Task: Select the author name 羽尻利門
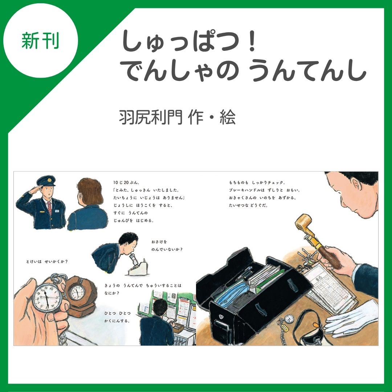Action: click(x=151, y=117)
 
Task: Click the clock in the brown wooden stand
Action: click(x=77, y=291)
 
